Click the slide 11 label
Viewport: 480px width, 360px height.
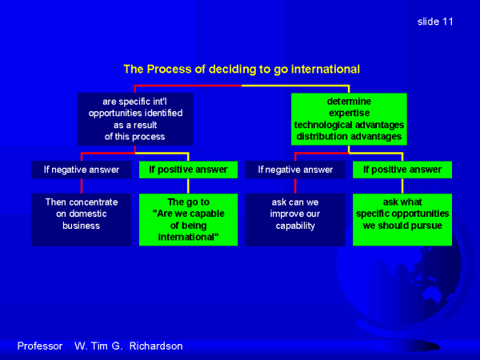coord(435,22)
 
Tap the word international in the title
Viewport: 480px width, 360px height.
coord(325,69)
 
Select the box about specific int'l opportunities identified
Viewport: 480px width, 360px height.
coord(135,119)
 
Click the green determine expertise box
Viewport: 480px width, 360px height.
coord(349,119)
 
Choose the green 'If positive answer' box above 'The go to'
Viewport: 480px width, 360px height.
coord(188,170)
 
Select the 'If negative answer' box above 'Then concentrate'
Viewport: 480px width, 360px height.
coord(82,170)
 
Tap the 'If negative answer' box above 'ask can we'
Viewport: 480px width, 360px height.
coord(295,170)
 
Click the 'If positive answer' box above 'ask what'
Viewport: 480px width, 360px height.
coord(402,170)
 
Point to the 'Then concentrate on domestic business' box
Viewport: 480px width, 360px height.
coord(82,219)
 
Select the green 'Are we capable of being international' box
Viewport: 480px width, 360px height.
coord(188,219)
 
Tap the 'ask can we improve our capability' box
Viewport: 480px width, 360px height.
coord(295,219)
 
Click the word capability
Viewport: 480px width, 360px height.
coord(295,226)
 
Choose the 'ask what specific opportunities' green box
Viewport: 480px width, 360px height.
coord(402,219)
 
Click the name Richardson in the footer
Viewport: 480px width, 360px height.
coord(156,346)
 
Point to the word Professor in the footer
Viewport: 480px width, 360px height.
coord(40,346)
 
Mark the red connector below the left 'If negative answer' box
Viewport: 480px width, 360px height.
coord(82,186)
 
